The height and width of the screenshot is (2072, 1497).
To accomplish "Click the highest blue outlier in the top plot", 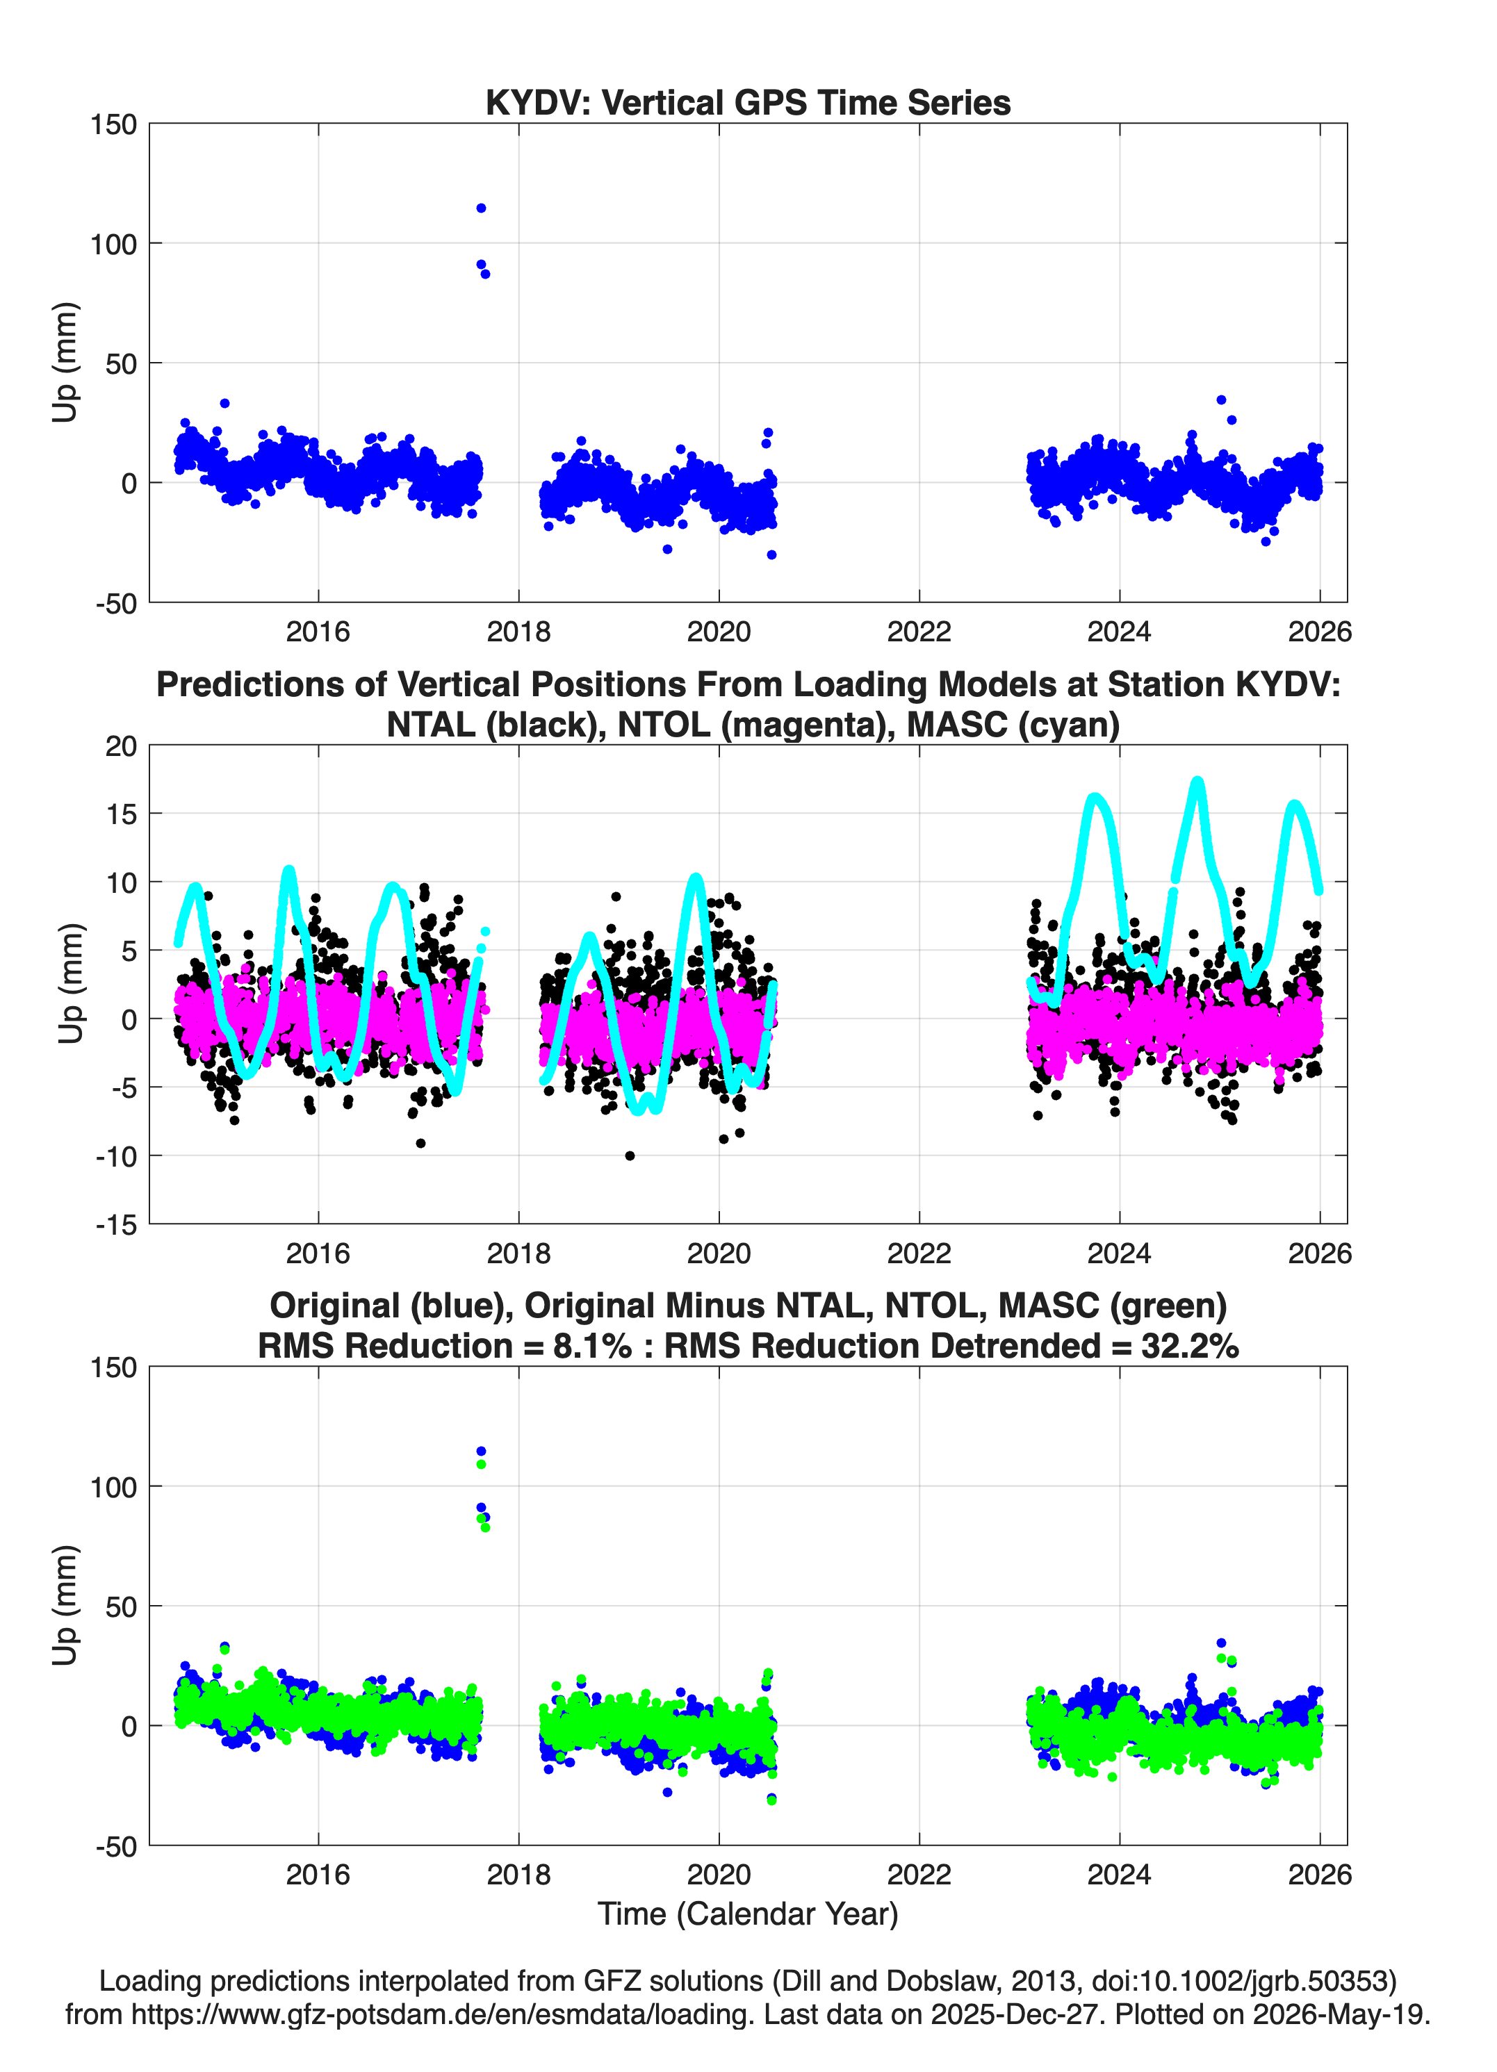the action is (x=481, y=208).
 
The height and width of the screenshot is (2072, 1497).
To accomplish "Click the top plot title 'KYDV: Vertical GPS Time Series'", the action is (x=748, y=102).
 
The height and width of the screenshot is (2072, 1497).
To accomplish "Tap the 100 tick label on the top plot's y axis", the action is (x=113, y=244).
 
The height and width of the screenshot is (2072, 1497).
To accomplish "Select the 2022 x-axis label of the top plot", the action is (x=919, y=632).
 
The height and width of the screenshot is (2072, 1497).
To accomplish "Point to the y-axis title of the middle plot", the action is (x=70, y=984).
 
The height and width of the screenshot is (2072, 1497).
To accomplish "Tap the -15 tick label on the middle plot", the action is (x=116, y=1225).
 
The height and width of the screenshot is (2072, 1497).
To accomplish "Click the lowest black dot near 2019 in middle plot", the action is (x=630, y=1156).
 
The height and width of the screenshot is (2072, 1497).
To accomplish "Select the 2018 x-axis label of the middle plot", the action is (x=518, y=1253).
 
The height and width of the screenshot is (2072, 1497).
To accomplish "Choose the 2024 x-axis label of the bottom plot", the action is (x=1119, y=1875).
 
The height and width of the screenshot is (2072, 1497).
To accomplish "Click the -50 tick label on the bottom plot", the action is (x=116, y=1846).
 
